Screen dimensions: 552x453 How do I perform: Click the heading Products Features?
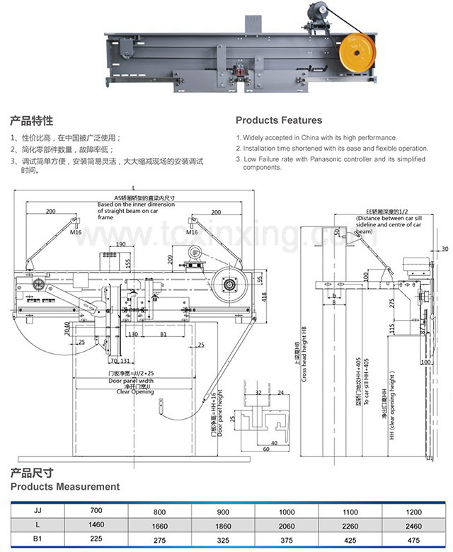pos(278,120)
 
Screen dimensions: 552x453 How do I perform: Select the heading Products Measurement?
pos(64,487)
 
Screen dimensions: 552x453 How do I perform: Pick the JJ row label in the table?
pos(37,510)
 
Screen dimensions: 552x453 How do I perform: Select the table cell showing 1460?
pos(97,524)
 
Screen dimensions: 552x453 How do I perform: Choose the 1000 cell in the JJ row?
pos(287,511)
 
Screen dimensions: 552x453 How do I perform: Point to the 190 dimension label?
pos(121,244)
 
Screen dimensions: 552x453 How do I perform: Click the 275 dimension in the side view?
pos(391,303)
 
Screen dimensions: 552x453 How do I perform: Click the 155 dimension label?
pos(128,264)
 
